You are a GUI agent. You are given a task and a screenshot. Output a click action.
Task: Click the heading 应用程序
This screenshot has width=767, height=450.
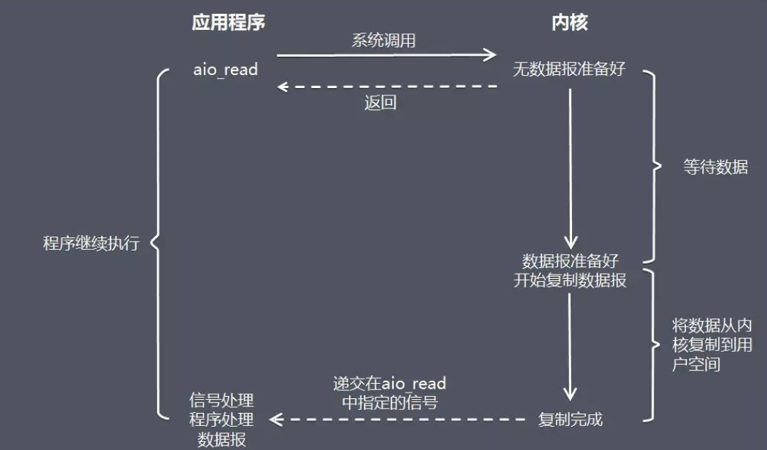228,23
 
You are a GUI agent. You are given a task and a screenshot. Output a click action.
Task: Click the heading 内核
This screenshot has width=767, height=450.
569,23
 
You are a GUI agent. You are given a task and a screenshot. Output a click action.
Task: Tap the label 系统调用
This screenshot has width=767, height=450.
383,40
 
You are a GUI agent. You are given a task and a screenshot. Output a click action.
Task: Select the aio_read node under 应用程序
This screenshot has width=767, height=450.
226,69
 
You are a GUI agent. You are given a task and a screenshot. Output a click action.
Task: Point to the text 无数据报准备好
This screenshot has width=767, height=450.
569,68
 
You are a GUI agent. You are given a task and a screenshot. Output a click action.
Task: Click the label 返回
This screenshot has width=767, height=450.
380,103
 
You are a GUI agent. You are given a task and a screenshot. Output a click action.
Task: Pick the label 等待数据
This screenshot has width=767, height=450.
715,167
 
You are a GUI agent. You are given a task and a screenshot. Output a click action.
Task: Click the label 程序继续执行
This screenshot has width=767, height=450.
92,243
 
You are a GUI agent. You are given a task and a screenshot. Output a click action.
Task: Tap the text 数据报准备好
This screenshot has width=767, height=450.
570,261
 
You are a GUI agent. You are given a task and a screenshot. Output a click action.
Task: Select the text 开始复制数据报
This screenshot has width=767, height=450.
570,280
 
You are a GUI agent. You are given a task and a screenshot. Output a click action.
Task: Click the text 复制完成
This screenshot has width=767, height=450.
571,419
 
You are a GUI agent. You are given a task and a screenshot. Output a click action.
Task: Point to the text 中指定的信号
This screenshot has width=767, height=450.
390,403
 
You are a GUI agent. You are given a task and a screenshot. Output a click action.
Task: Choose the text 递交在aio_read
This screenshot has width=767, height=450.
389,384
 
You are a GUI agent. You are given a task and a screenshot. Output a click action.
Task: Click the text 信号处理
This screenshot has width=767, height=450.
222,400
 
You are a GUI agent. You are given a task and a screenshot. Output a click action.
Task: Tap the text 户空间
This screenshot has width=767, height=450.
696,364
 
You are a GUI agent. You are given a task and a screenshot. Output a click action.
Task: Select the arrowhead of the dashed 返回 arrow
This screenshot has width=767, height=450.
282,87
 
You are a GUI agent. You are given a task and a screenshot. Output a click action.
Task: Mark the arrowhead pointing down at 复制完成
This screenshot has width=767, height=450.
570,394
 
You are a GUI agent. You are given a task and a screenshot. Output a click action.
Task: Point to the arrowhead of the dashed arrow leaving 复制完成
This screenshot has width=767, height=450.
276,419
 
